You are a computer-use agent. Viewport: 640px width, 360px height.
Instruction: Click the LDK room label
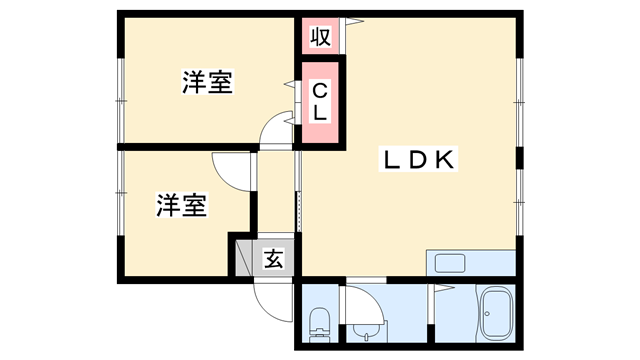tap(418, 159)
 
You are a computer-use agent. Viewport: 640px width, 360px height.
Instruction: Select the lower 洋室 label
tap(181, 206)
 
